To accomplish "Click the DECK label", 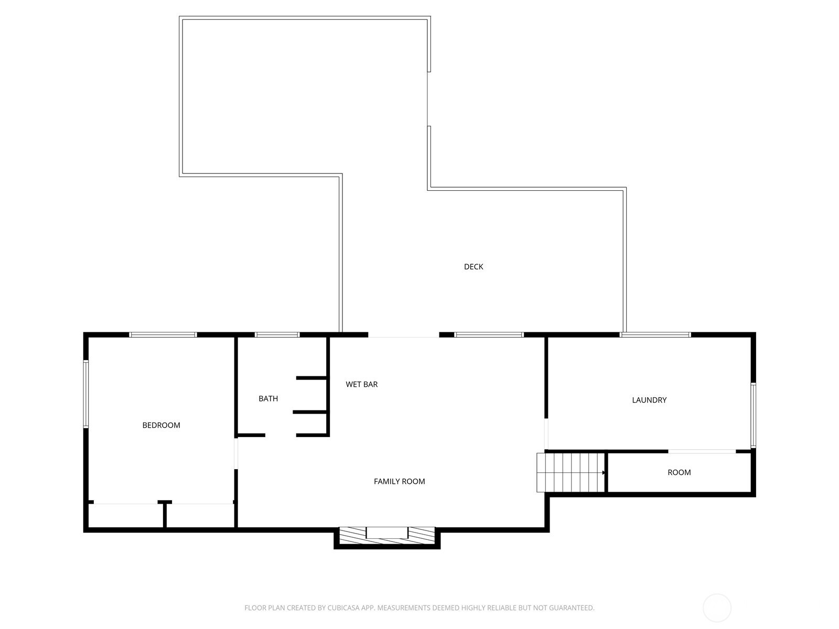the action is [x=473, y=267].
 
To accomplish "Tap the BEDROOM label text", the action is [x=161, y=425].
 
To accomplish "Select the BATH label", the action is [x=268, y=398].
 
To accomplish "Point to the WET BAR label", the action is [x=362, y=384].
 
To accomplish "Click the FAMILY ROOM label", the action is [x=399, y=481].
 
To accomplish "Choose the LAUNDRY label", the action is [x=649, y=400].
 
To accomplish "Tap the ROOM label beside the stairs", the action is [x=679, y=472].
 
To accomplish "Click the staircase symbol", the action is [x=571, y=472].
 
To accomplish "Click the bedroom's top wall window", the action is [x=163, y=334].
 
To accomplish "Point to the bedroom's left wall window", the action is [x=86, y=394].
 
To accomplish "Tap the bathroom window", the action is [x=277, y=334].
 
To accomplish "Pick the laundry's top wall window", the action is [x=655, y=334].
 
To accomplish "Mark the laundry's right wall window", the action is [x=753, y=415].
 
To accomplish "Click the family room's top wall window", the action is [x=489, y=334].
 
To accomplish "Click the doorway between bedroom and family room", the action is [x=236, y=453].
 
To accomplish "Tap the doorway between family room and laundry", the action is [x=546, y=434].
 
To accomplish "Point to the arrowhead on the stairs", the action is [x=604, y=472].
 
